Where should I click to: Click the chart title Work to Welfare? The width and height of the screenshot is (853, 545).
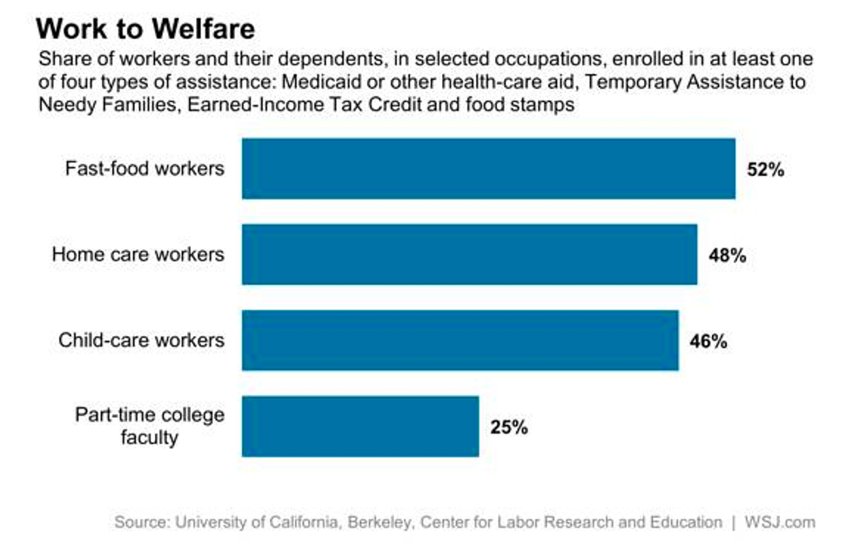click(145, 29)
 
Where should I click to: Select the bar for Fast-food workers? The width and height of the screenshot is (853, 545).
click(487, 169)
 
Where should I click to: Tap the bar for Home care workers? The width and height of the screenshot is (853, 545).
click(469, 254)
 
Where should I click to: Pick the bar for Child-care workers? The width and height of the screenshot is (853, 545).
click(460, 340)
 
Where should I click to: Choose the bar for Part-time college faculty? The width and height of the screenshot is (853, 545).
click(359, 426)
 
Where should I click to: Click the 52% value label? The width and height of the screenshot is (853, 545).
click(766, 170)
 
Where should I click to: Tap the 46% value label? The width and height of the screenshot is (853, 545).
click(709, 340)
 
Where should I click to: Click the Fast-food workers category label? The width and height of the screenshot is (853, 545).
click(144, 168)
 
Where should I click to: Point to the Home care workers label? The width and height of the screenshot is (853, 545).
click(138, 254)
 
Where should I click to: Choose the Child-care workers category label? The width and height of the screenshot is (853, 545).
click(141, 340)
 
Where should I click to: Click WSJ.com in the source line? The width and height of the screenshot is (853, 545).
click(781, 522)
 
